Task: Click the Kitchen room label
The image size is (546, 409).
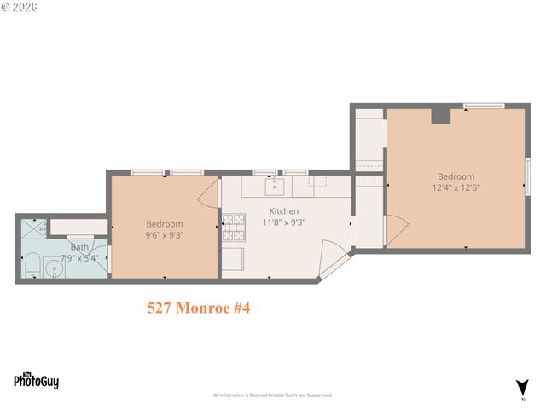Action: (x=284, y=210)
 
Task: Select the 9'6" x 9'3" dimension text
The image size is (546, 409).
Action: (x=165, y=235)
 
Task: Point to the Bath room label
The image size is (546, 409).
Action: (x=79, y=247)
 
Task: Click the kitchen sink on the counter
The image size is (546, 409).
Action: (x=275, y=185)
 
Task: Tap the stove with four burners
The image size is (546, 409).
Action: (x=234, y=227)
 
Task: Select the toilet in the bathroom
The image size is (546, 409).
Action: (x=30, y=266)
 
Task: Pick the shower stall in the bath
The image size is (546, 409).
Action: (x=33, y=229)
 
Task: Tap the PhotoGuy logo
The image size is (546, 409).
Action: (x=36, y=380)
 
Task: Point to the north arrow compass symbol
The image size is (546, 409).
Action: (x=521, y=387)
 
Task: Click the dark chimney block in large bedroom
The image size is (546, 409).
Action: (x=440, y=116)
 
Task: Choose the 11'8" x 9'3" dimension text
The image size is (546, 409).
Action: (x=284, y=222)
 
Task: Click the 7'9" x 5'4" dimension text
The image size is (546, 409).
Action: (x=79, y=257)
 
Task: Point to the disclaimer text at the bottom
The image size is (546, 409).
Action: (x=272, y=395)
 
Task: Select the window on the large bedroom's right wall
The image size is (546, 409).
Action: (x=527, y=177)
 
